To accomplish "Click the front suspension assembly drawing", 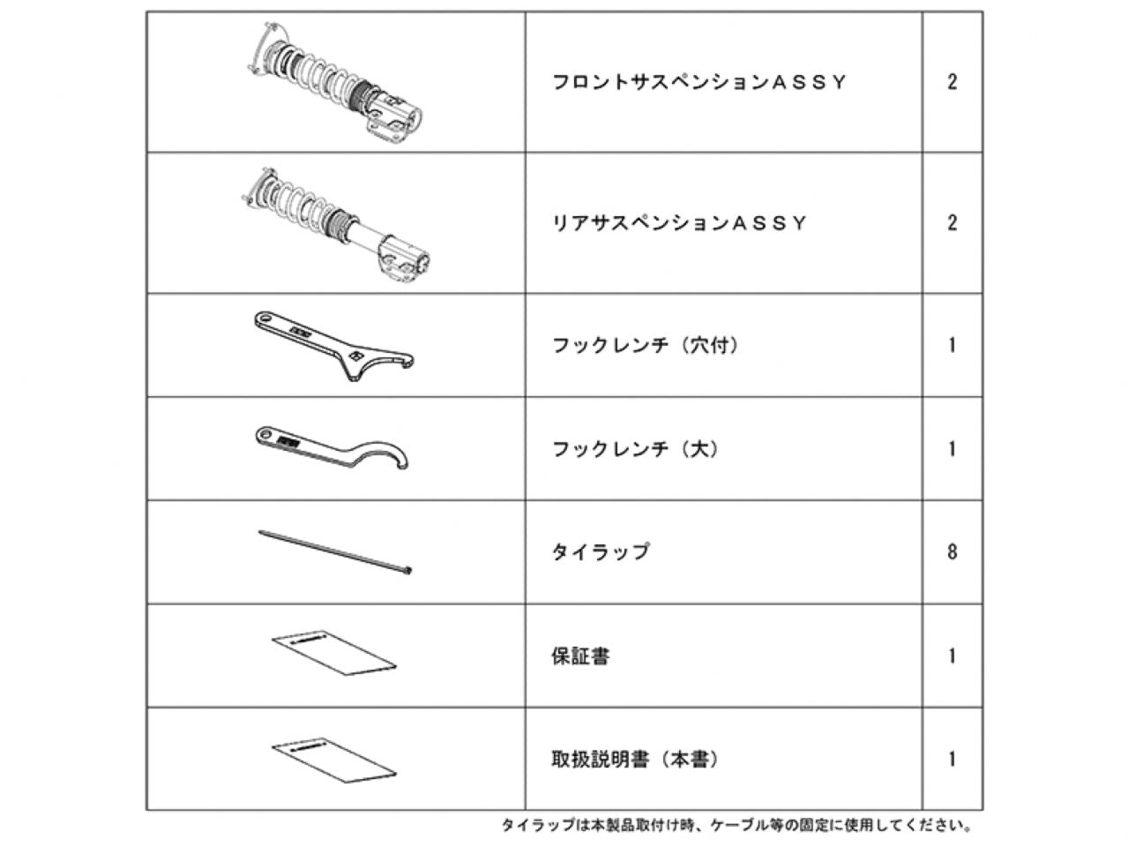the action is pyautogui.click(x=337, y=82).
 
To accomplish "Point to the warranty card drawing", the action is pyautogui.click(x=334, y=653).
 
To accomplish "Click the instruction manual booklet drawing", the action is pyautogui.click(x=334, y=761).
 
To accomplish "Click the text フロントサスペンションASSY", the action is pyautogui.click(x=698, y=82).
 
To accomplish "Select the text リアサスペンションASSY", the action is pyautogui.click(x=679, y=223).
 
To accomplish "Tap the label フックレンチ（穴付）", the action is pyautogui.click(x=646, y=345).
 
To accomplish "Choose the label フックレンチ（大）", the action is pyautogui.click(x=635, y=449).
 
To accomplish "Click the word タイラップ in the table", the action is pyautogui.click(x=601, y=552).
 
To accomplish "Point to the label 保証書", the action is pyautogui.click(x=580, y=656).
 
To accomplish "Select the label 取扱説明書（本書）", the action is pyautogui.click(x=635, y=760).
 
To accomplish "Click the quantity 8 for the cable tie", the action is pyautogui.click(x=952, y=552).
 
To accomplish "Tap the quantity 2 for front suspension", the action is pyautogui.click(x=952, y=82).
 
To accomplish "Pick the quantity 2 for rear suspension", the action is pyautogui.click(x=952, y=223).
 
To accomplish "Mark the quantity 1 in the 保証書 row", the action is pyautogui.click(x=952, y=656).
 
